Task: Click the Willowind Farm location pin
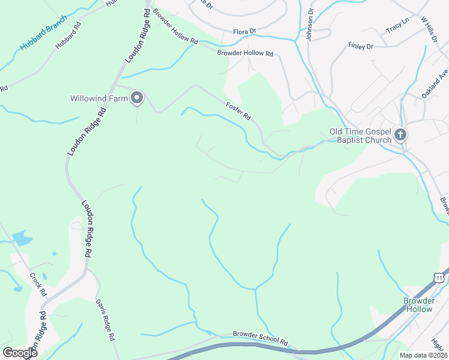(x=137, y=98)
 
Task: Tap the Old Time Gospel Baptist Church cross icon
(x=400, y=136)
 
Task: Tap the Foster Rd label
(x=238, y=111)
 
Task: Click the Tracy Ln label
(x=397, y=28)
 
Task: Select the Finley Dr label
(x=361, y=46)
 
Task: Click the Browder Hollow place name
(x=418, y=305)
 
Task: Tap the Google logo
(x=20, y=352)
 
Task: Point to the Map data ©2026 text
(x=423, y=355)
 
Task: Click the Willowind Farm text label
(x=99, y=98)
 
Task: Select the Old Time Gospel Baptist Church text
(x=360, y=136)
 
